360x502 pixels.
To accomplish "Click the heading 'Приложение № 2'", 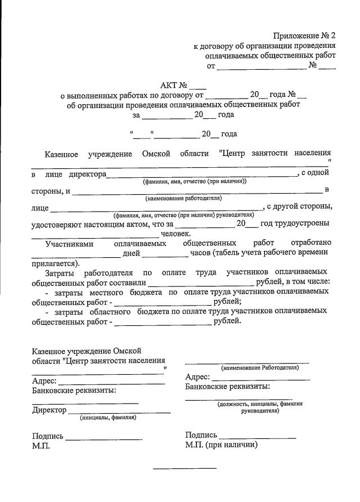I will click(x=304, y=37).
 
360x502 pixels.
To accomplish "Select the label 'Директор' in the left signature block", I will click(x=49, y=410).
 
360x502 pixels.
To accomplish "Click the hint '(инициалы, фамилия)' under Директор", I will click(x=108, y=418).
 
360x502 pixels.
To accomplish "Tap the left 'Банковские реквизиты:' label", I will click(x=74, y=390).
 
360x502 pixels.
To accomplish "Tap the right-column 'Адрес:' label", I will click(x=197, y=376).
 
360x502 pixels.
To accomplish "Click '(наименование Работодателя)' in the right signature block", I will click(x=260, y=367).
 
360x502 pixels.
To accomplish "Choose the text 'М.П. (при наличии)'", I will click(x=221, y=445).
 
